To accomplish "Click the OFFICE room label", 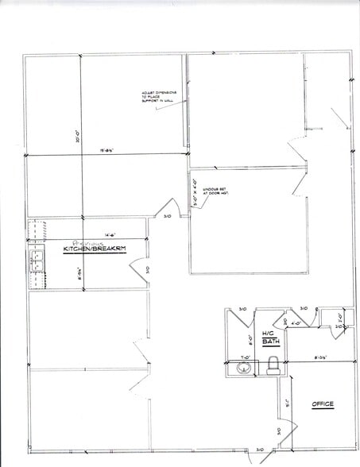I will tap(323, 405).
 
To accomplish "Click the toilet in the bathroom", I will tap(274, 365).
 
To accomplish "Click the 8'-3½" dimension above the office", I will tap(323, 358).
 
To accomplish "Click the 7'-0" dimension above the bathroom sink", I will tap(246, 358).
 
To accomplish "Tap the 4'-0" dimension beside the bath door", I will tap(295, 323).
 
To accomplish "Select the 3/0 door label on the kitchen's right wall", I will tap(148, 269).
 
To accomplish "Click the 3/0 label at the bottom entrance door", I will tap(260, 450).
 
